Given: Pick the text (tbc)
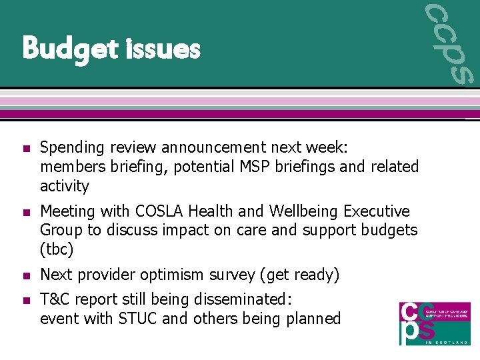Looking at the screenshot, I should tap(57, 250).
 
